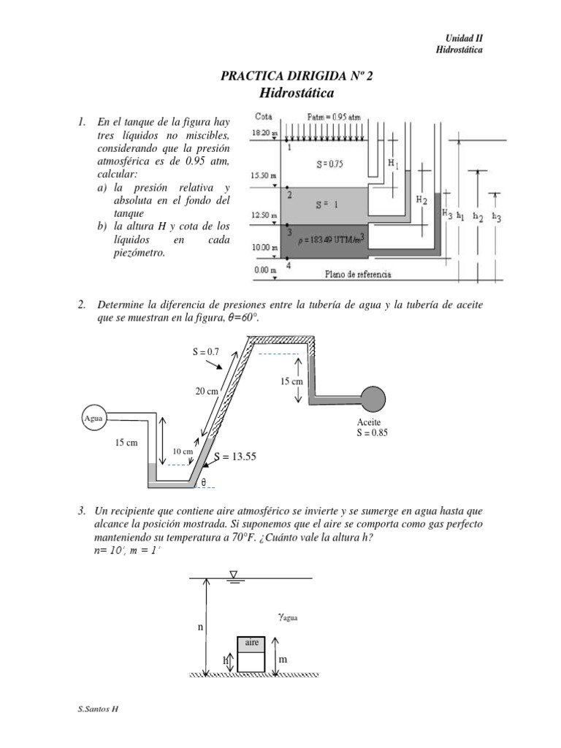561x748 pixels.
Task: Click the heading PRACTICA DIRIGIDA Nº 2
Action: point(296,77)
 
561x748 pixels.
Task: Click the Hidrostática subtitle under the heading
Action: point(296,93)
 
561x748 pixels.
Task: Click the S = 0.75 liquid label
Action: point(329,164)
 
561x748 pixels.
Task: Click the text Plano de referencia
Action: point(357,274)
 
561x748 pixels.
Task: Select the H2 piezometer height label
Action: point(421,199)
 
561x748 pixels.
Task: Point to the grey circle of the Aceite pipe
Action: point(373,398)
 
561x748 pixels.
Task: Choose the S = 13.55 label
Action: point(237,457)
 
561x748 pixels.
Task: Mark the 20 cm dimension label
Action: point(207,392)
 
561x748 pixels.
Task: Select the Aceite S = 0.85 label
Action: point(372,427)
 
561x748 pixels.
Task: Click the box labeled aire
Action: point(251,643)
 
